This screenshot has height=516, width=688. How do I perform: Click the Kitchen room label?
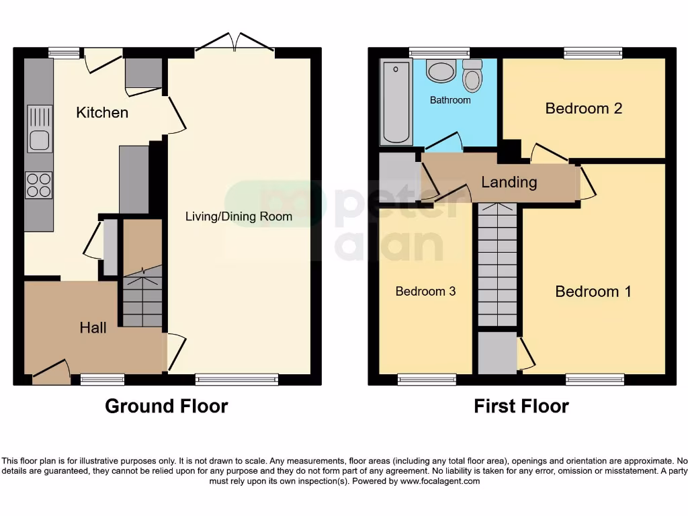(x=102, y=112)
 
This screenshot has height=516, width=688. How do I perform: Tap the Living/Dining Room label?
(x=239, y=216)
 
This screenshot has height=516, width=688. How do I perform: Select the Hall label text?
(x=93, y=328)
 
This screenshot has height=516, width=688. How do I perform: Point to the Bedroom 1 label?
(x=593, y=292)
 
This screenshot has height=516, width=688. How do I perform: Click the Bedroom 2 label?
(x=583, y=108)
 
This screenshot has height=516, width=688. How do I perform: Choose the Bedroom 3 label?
(x=425, y=292)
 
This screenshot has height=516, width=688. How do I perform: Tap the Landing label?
(x=509, y=182)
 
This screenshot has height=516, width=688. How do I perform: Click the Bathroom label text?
(x=450, y=100)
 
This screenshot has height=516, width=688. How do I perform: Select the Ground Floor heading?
(x=166, y=406)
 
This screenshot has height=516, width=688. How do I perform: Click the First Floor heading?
(x=521, y=406)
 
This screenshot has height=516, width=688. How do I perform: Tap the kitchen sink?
(x=39, y=129)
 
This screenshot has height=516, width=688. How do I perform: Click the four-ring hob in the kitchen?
(x=39, y=185)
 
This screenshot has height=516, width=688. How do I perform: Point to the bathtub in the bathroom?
(x=396, y=102)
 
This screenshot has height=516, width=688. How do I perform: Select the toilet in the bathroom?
(x=472, y=75)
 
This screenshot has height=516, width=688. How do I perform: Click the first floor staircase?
(x=498, y=265)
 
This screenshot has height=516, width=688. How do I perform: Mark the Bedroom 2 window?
(x=593, y=52)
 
